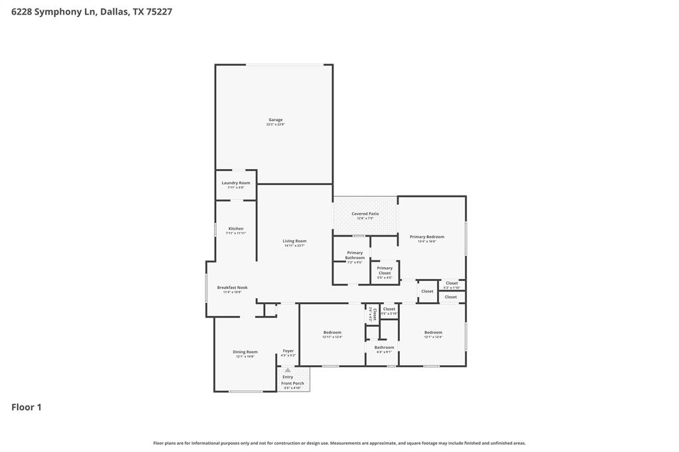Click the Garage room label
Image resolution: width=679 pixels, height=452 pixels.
[x=275, y=120]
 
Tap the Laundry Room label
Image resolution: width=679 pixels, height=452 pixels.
[x=235, y=183]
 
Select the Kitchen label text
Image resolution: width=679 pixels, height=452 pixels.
[x=235, y=229]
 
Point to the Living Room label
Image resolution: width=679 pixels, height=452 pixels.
[x=294, y=241]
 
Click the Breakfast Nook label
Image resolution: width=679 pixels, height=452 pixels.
[x=232, y=288]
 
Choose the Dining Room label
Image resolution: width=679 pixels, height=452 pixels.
[x=245, y=352]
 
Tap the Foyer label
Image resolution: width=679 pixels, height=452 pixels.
[x=288, y=351]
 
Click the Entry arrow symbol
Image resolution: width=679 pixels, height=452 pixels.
[x=288, y=370]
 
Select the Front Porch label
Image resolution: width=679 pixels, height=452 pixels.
[x=292, y=383]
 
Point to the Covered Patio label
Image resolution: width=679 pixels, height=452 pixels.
[x=365, y=214]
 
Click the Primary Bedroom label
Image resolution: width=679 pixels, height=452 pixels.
[x=426, y=237]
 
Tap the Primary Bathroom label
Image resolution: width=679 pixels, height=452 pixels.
[x=355, y=255]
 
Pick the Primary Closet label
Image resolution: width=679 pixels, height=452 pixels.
[x=385, y=270]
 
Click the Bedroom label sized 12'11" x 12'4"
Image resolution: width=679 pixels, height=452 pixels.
[x=332, y=332]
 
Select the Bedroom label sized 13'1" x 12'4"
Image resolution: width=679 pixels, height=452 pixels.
[x=433, y=332]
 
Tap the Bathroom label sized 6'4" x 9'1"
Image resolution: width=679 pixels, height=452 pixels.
[x=384, y=347]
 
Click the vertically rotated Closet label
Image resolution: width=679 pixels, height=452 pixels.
[x=375, y=312]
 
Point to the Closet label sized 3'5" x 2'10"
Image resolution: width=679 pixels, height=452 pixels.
[x=389, y=309]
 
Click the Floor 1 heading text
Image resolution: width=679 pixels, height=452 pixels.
[x=27, y=407]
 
